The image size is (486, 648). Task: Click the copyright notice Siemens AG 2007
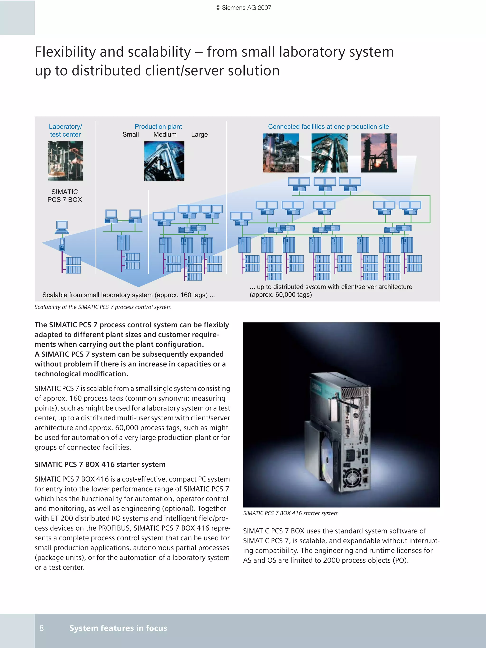[x=243, y=8]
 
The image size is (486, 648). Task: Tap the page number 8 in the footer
[x=42, y=628]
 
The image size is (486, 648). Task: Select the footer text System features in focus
[x=118, y=628]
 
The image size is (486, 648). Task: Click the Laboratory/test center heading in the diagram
[x=65, y=130]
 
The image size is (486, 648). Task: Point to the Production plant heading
[x=158, y=127]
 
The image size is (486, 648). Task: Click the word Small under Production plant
[x=131, y=134]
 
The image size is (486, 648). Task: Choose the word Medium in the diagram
[x=165, y=134]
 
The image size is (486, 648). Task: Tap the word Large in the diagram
[x=199, y=134]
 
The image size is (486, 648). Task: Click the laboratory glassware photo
[x=65, y=161]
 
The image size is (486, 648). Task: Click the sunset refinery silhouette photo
[x=379, y=153]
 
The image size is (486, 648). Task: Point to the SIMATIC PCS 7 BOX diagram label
[x=65, y=196]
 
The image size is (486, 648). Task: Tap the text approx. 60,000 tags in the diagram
[x=280, y=295]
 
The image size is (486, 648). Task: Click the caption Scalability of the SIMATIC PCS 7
[x=103, y=307]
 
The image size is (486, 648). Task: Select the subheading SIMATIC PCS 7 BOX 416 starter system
[x=100, y=464]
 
